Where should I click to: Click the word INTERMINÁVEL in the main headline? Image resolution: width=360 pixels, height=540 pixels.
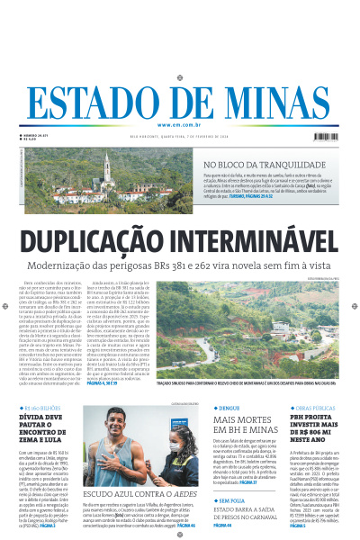pyautogui.click(x=261, y=242)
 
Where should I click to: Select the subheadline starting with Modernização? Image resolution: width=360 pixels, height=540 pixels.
pyautogui.click(x=179, y=267)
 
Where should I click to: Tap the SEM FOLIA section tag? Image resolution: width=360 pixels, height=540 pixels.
pyautogui.click(x=229, y=499)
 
